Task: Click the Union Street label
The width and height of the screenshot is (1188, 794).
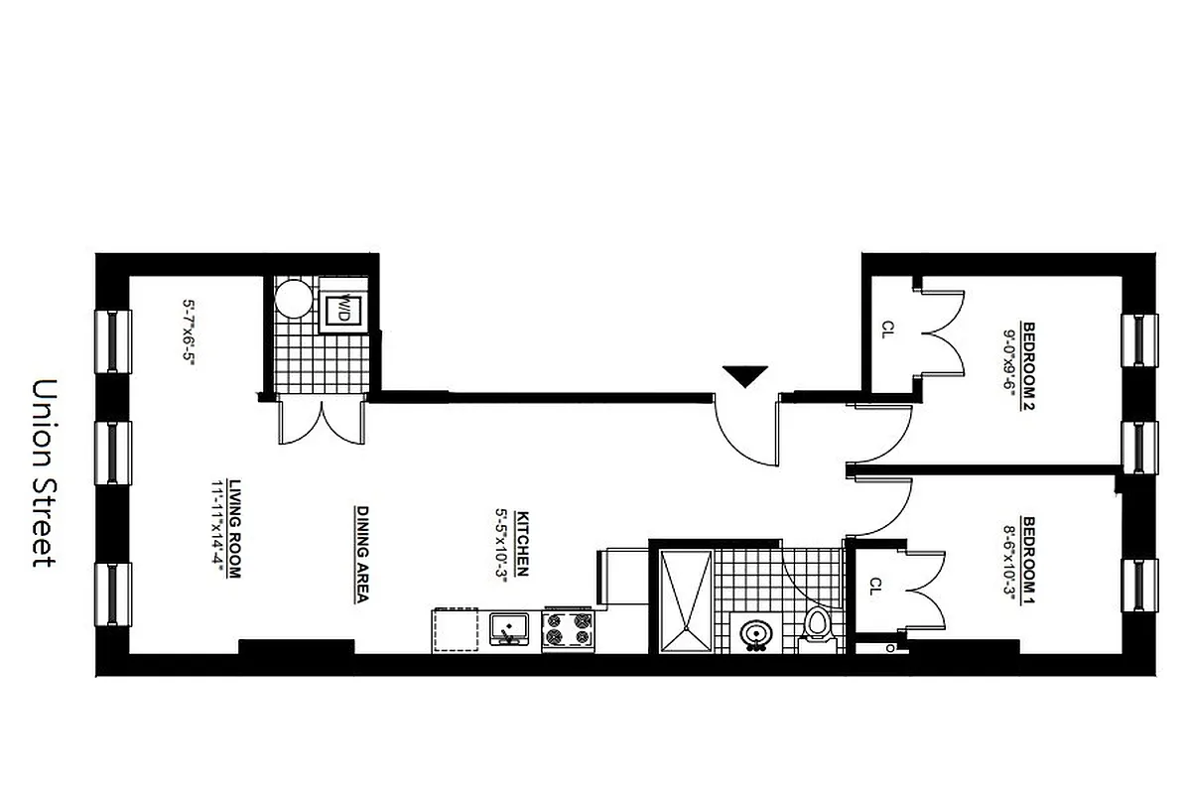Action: (44, 471)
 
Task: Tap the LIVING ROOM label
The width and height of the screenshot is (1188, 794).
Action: (235, 529)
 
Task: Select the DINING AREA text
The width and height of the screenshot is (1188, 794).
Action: (362, 555)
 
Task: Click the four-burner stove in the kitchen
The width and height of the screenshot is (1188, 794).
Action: (568, 631)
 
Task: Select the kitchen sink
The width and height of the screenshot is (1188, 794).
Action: (512, 629)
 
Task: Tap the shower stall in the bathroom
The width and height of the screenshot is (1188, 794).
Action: (686, 601)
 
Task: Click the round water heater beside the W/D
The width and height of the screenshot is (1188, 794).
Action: (294, 298)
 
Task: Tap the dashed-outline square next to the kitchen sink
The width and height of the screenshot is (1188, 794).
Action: (456, 630)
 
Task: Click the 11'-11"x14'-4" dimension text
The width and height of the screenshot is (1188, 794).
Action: (215, 529)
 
